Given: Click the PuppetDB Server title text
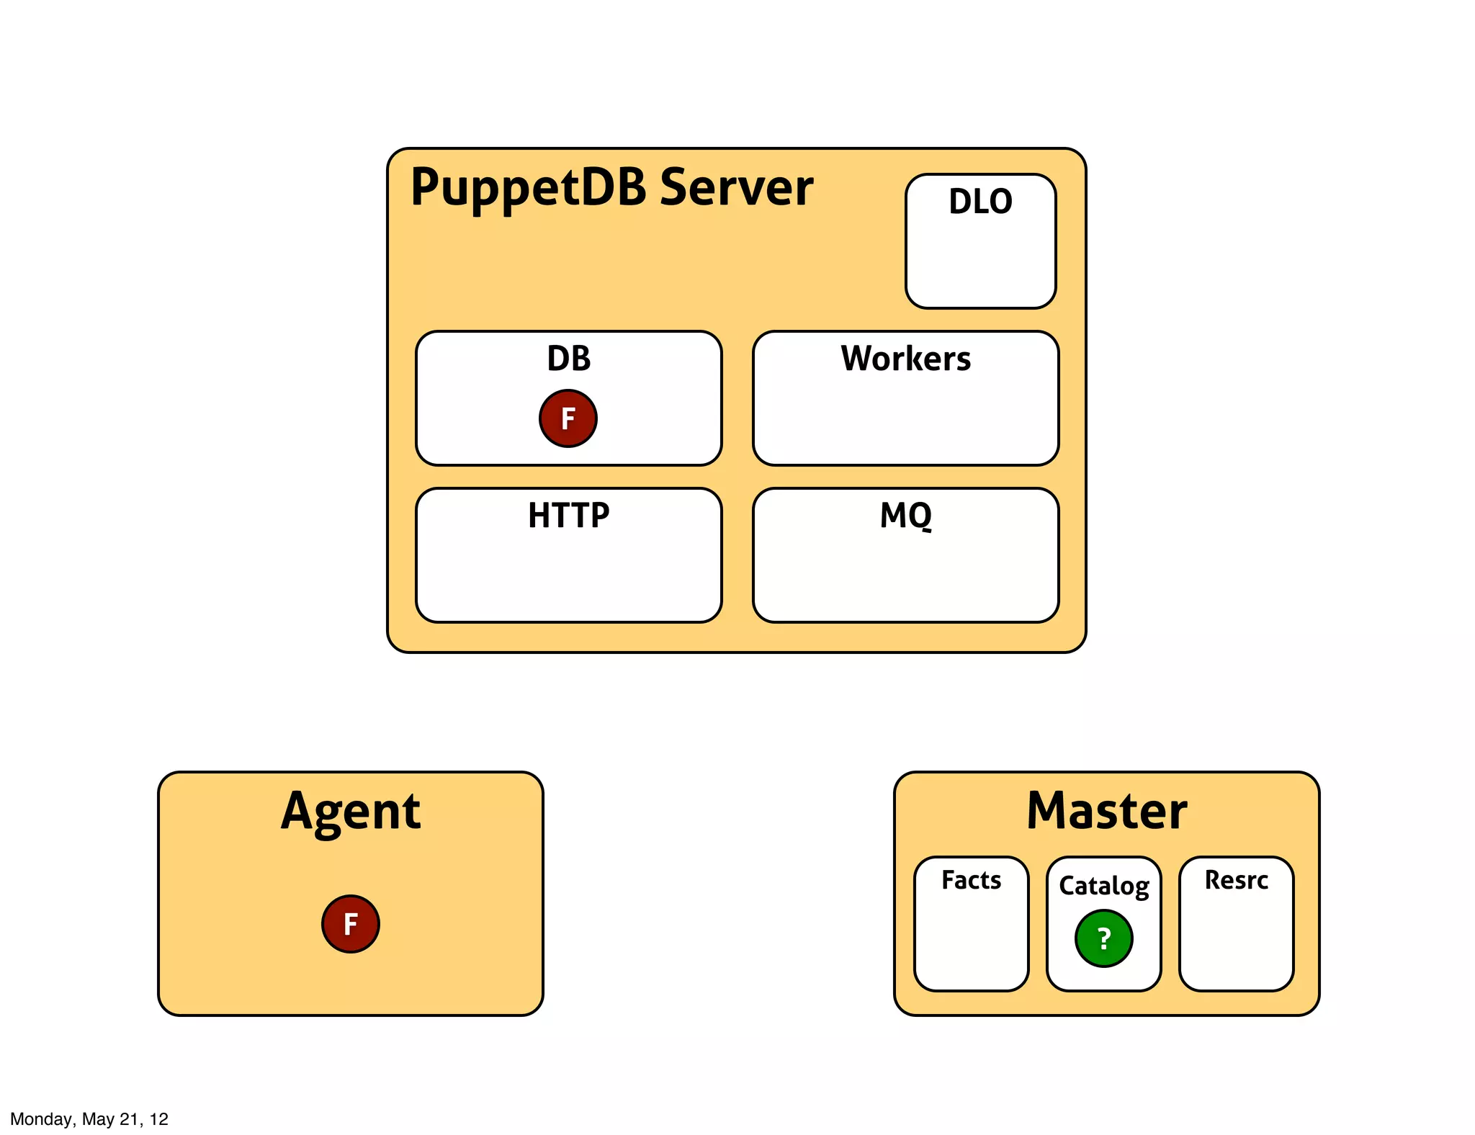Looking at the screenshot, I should pos(611,187).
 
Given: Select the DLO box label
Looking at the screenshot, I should pos(980,201).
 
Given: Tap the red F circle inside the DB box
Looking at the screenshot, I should pos(568,418).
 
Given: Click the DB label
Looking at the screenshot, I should pos(568,358).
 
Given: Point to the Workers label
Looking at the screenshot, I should pos(905,358).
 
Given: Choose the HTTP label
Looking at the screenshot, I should pos(568,515).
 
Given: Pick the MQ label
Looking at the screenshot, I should pos(905,515).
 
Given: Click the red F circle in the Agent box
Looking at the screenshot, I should pos(350,924).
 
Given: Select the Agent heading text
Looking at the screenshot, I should pos(350,812).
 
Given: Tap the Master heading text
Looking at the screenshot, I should pos(1106,812).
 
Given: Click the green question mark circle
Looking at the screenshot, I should pos(1103,938).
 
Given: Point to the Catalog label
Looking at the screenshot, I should pos(1103,886).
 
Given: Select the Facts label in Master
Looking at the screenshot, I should pos(971,880).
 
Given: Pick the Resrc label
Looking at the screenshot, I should pos(1236,880).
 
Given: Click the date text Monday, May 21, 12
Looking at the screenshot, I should pos(89,1119).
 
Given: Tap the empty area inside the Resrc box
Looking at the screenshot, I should pos(1236,943).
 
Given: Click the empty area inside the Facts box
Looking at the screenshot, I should pos(971,943).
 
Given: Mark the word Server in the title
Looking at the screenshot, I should pos(736,187).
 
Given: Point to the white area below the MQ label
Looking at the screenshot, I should pos(905,576).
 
